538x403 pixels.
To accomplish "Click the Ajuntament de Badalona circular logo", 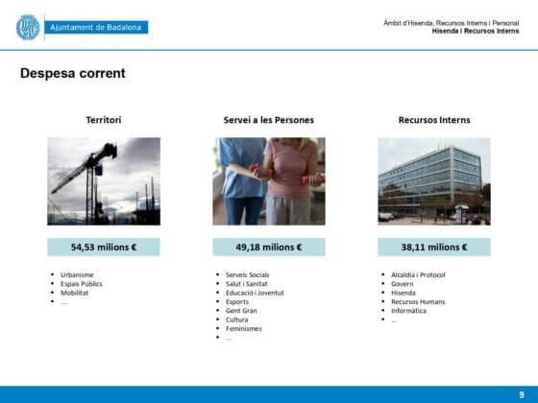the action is pyautogui.click(x=28, y=27).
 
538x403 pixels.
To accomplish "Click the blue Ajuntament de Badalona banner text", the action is pyautogui.click(x=96, y=28).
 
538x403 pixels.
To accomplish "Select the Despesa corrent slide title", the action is pyautogui.click(x=73, y=73).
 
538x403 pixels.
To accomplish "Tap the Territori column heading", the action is pyautogui.click(x=104, y=120).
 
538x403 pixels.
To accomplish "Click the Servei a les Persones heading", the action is pyautogui.click(x=269, y=120).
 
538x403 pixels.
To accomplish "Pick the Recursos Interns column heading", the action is pyautogui.click(x=434, y=120).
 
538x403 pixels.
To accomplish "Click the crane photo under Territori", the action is pyautogui.click(x=104, y=181).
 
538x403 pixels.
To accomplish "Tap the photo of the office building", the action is pyautogui.click(x=434, y=181).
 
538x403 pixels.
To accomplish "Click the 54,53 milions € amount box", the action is pyautogui.click(x=104, y=248).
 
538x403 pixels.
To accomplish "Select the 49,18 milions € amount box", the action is pyautogui.click(x=269, y=248).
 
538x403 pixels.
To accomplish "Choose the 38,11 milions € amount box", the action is pyautogui.click(x=434, y=248).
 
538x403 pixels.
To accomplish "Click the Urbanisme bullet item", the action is pyautogui.click(x=77, y=274).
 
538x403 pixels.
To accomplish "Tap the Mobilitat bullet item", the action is pyautogui.click(x=75, y=293).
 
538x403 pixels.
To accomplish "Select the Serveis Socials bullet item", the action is pyautogui.click(x=248, y=274).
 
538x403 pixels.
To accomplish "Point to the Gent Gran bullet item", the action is pyautogui.click(x=241, y=311).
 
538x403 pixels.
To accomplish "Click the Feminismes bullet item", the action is pyautogui.click(x=244, y=328).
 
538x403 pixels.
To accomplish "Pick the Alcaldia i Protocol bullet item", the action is pyautogui.click(x=418, y=274).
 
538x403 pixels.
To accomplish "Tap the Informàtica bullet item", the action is pyautogui.click(x=408, y=311).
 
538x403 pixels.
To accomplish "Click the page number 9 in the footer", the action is pyautogui.click(x=522, y=394).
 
